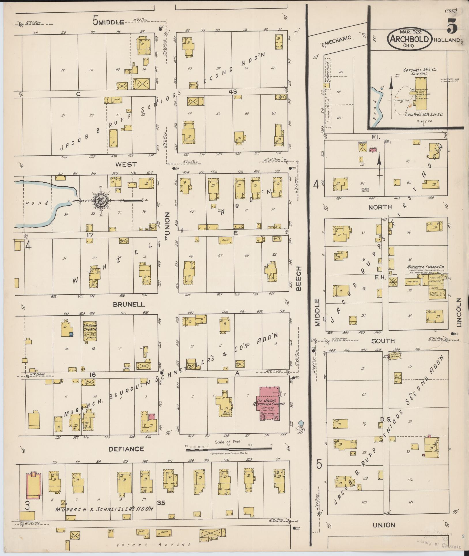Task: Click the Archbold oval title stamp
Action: point(409,40)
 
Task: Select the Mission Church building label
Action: point(90,329)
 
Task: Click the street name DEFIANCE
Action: point(126,457)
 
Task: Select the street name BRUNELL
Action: point(129,304)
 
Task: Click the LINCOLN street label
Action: point(459,312)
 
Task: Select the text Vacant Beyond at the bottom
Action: point(154,544)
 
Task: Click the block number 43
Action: point(233,92)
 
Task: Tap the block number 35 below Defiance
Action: point(161,503)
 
